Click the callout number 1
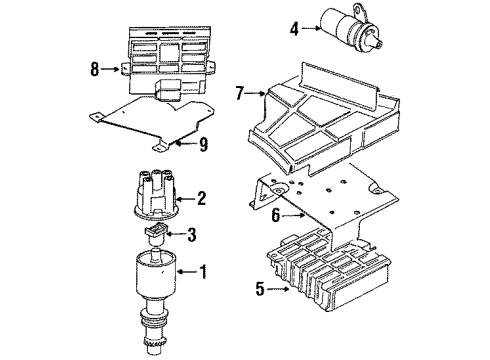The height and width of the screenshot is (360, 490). [x=203, y=272]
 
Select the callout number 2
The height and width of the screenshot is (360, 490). [x=201, y=198]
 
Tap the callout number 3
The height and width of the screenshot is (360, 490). [x=191, y=234]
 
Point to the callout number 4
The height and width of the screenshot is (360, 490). [x=294, y=29]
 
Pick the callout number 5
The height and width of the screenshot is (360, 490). [x=260, y=289]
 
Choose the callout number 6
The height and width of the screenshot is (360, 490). [x=275, y=215]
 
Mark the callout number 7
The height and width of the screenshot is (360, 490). [x=239, y=93]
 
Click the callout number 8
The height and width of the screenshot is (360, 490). [x=95, y=69]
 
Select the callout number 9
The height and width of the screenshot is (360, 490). [x=203, y=144]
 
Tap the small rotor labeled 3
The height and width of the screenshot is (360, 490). [x=155, y=234]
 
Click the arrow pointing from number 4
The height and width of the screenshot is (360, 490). [x=311, y=29]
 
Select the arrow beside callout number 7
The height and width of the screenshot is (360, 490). [x=255, y=94]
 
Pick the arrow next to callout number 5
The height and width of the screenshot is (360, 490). [x=278, y=289]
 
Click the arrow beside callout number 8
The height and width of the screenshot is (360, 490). [x=110, y=69]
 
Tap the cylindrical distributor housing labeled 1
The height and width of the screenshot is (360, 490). [x=155, y=273]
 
